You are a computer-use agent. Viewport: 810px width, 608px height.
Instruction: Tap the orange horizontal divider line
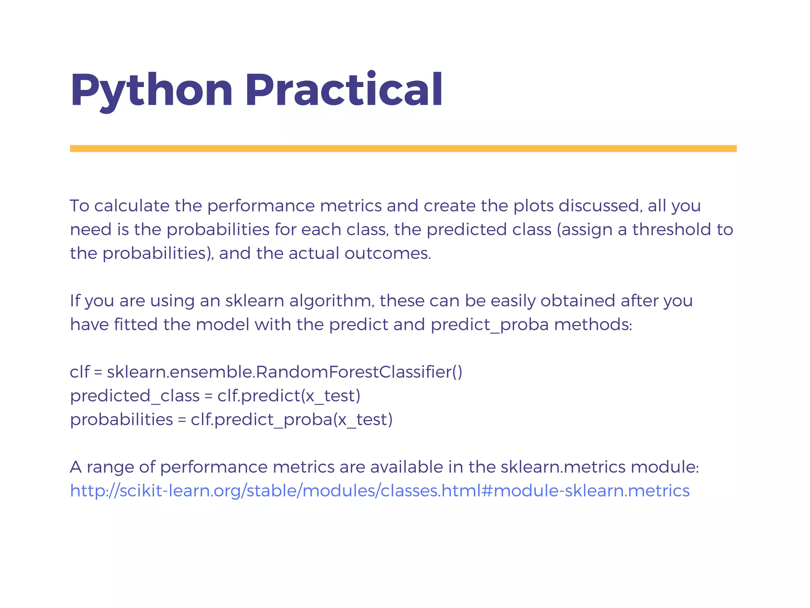click(403, 148)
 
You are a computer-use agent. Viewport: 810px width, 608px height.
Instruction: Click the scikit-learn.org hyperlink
click(380, 491)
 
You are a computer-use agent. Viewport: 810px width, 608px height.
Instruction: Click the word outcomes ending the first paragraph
click(388, 254)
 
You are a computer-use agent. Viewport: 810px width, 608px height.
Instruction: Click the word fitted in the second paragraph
click(136, 325)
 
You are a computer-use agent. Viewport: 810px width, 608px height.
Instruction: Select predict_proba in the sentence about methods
click(490, 325)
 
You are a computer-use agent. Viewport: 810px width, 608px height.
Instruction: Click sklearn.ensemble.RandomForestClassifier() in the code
click(284, 372)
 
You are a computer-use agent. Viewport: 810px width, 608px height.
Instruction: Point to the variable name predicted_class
click(135, 396)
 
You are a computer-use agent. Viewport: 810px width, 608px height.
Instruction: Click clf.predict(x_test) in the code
click(289, 396)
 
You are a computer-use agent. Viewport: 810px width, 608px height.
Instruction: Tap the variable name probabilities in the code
click(121, 420)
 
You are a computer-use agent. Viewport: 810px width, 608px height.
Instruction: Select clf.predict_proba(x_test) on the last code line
click(291, 420)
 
